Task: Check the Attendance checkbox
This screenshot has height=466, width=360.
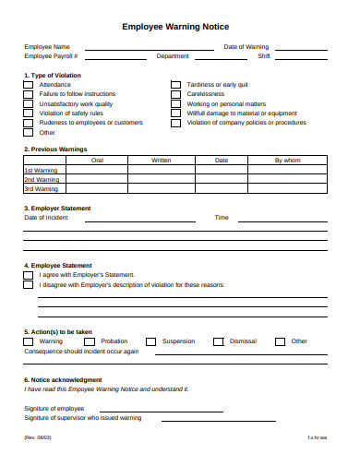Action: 28,85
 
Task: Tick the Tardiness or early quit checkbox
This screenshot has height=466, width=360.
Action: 175,85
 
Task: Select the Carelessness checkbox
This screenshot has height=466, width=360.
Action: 175,94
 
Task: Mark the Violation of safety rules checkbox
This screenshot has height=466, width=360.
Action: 28,113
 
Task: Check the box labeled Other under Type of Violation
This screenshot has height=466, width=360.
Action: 28,132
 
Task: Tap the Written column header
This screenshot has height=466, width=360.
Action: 162,161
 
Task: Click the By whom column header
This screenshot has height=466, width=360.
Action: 288,161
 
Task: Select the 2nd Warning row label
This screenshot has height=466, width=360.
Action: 41,179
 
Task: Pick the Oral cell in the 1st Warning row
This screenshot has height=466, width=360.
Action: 97,170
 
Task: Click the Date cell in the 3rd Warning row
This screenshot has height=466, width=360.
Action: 222,188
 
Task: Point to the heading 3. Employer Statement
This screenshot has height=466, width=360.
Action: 57,209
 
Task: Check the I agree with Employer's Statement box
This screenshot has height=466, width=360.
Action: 28,274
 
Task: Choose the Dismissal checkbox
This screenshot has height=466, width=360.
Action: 218,341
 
